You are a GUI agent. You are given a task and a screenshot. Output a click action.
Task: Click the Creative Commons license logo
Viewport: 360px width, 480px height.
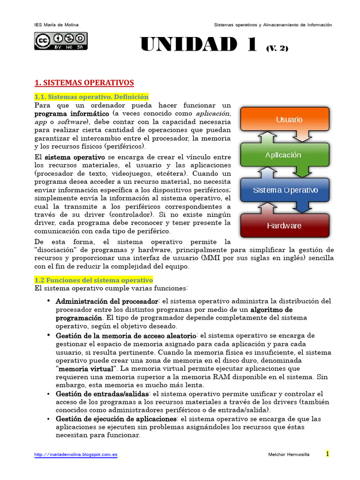click(60, 41)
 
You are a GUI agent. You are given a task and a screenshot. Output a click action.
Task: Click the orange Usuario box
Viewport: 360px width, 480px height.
click(289, 120)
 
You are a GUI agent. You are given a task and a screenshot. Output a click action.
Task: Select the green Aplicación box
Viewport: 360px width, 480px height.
click(289, 155)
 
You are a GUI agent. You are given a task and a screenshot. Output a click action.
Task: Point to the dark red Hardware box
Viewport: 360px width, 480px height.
click(284, 225)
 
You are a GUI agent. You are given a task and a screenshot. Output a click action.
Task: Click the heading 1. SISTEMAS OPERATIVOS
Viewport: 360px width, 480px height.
click(84, 82)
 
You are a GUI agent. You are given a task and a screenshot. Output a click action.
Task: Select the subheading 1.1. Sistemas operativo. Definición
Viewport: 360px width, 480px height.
click(91, 97)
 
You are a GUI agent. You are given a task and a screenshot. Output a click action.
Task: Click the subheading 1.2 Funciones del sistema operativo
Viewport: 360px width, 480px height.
click(94, 280)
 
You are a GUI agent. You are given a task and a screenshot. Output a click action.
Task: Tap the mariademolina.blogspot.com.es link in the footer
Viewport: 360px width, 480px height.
click(76, 455)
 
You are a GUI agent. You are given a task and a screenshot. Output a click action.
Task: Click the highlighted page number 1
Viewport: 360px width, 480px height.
click(328, 454)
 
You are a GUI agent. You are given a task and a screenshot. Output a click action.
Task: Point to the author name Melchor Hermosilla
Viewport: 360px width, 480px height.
click(288, 455)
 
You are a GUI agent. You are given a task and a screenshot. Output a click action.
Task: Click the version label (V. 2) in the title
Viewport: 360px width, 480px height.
click(277, 48)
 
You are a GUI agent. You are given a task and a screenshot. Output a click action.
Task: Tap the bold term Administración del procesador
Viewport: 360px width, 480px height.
click(107, 301)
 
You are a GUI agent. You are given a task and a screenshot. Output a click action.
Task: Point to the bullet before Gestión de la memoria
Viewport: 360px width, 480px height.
click(49, 335)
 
